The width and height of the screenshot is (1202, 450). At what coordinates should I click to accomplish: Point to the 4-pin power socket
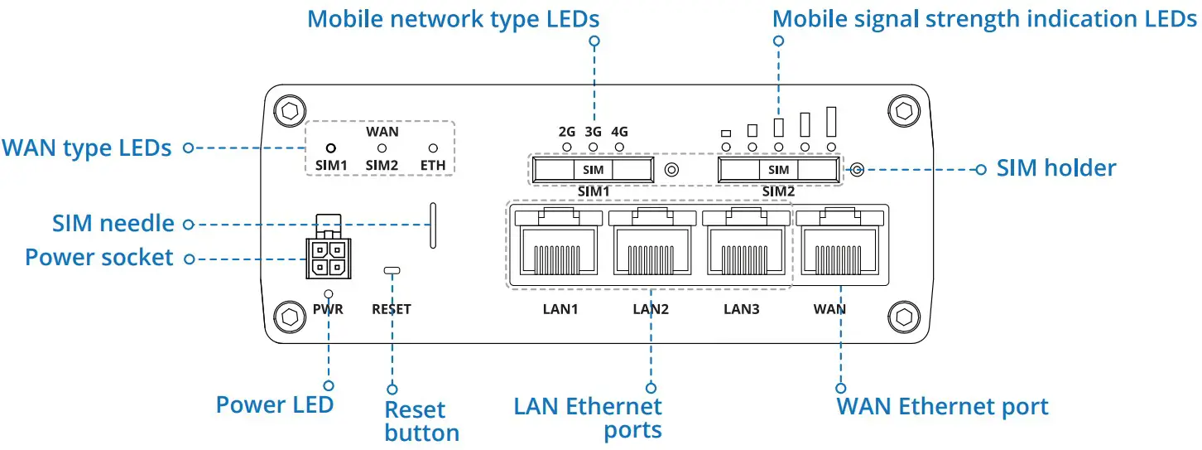click(329, 258)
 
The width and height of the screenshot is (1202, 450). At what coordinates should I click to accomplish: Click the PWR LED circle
click(329, 294)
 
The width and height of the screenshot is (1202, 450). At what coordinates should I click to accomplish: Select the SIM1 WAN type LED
click(329, 148)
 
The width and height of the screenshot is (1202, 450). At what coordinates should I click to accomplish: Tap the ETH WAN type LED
click(432, 148)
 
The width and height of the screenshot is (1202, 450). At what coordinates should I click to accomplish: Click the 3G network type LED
click(593, 147)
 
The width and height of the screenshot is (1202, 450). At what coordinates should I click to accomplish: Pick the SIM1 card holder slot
click(593, 170)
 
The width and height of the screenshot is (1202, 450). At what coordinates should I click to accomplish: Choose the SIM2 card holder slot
click(779, 170)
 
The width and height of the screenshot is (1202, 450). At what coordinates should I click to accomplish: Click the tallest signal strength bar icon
click(831, 121)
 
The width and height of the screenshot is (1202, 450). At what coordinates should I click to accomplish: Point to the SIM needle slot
click(432, 224)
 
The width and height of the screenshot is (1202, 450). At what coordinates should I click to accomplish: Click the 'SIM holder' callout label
click(1055, 168)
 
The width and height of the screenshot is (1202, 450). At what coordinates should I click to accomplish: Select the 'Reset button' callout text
click(421, 421)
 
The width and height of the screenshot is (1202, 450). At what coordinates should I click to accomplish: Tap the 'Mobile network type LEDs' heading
click(453, 19)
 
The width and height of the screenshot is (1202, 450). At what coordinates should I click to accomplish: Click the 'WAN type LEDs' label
click(87, 148)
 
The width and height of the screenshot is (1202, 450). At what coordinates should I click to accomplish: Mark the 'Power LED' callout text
click(274, 404)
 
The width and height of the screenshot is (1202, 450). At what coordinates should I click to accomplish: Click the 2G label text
click(566, 132)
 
